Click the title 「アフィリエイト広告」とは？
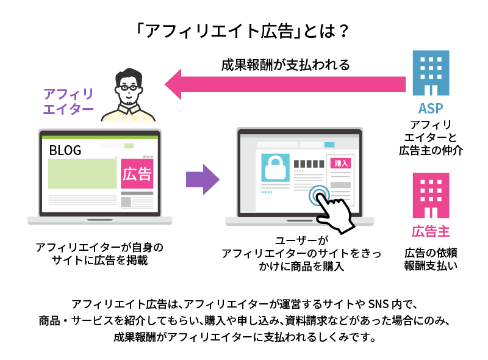[x=243, y=30]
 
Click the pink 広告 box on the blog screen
[x=137, y=174]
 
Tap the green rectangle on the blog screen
[x=82, y=173]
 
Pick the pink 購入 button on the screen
[x=341, y=163]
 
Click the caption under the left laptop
[x=99, y=254]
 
